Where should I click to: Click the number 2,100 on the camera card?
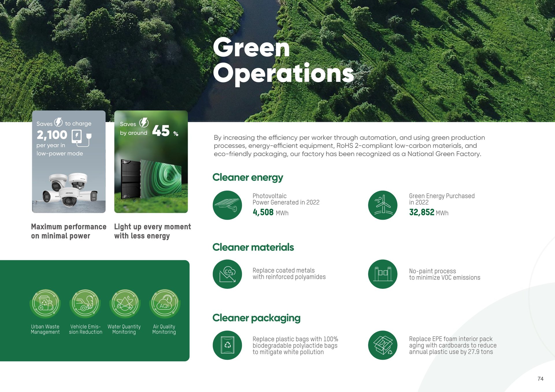[52, 135]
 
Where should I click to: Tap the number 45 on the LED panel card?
[161, 131]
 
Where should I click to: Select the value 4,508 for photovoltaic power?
[263, 212]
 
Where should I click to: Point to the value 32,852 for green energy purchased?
[421, 212]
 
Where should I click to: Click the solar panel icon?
[227, 205]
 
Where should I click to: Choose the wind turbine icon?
[383, 205]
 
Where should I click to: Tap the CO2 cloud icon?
[227, 274]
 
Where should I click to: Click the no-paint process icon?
[383, 274]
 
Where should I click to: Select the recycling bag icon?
[227, 345]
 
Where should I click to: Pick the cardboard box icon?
[383, 345]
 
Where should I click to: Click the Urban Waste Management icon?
[45, 304]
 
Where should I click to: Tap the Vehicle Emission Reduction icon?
[85, 304]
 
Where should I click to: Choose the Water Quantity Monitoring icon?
[125, 304]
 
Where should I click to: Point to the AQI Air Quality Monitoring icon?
[165, 304]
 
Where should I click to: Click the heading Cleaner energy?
[248, 177]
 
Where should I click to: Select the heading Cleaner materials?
[253, 247]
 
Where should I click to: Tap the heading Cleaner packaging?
[256, 318]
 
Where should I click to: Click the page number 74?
[540, 379]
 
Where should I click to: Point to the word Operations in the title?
[284, 74]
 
